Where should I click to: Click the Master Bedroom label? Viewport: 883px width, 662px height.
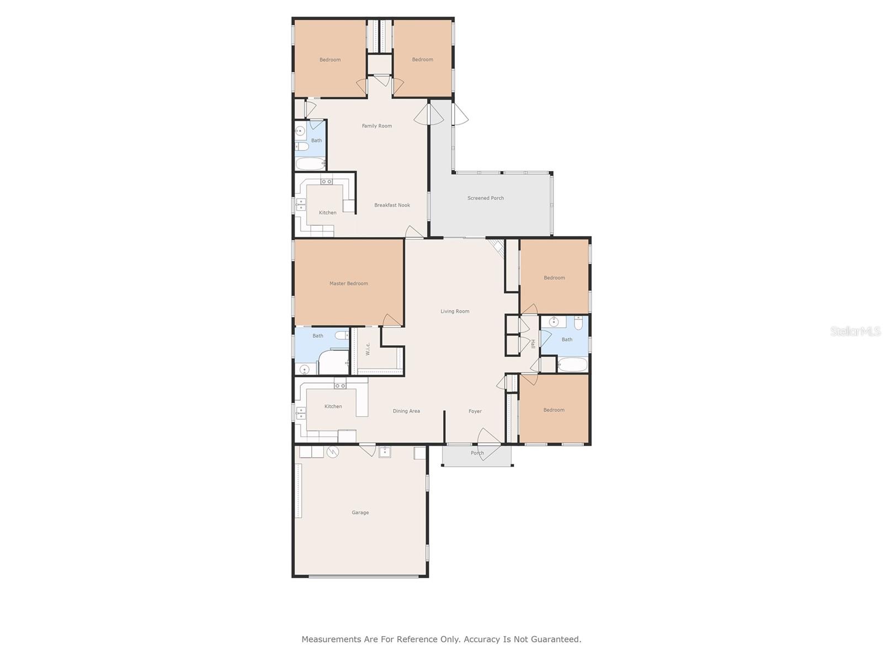348,284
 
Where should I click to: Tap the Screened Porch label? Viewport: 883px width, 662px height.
486,197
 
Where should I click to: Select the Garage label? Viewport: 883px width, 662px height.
360,512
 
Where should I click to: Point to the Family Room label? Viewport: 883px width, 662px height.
376,126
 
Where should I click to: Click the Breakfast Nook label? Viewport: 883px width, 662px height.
392,205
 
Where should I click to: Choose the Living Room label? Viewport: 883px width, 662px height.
455,311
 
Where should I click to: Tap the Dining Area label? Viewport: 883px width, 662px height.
406,411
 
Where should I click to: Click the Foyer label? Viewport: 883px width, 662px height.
475,411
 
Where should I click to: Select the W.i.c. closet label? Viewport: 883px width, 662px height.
368,349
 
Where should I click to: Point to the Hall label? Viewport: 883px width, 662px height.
533,344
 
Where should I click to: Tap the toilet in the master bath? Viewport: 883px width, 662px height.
342,335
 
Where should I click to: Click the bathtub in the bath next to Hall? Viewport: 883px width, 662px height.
572,365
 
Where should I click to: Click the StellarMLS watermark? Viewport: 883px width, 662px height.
855,331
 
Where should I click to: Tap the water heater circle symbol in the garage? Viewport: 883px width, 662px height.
333,452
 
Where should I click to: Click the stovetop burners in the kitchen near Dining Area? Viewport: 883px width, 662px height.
340,386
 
